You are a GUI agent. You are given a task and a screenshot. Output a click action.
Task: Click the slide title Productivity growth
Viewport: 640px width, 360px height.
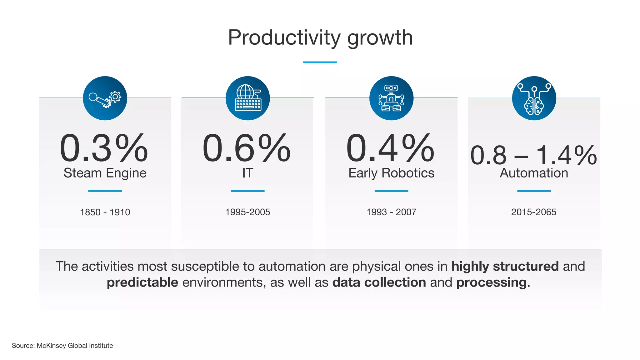click(320, 38)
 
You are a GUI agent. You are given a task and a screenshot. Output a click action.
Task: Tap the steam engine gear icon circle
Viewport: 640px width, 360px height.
click(105, 98)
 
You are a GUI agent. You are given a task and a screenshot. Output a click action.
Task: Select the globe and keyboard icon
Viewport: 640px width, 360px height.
click(248, 98)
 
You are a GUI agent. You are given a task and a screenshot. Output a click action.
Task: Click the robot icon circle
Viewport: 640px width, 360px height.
click(391, 98)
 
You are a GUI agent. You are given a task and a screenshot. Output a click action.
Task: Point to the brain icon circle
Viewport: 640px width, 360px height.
click(534, 98)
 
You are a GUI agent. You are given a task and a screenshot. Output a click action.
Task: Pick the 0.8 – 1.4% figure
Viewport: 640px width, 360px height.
click(533, 155)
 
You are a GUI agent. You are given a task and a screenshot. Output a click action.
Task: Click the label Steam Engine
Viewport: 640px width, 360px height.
click(105, 173)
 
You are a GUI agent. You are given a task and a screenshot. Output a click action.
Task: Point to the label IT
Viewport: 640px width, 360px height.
click(247, 173)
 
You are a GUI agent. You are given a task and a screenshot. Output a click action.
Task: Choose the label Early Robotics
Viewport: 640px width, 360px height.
click(391, 173)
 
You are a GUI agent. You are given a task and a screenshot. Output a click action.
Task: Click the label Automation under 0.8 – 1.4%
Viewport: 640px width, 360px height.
click(534, 173)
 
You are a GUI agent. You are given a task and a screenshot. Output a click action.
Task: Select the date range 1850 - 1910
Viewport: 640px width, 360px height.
click(105, 212)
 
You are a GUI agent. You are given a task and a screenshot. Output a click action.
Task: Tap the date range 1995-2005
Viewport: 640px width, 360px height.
click(247, 212)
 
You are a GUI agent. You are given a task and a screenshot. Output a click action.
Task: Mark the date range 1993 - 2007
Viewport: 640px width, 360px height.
click(391, 212)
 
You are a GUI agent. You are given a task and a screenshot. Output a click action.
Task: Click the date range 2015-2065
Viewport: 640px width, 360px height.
click(534, 212)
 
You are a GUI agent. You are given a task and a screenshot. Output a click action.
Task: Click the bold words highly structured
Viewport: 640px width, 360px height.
click(505, 267)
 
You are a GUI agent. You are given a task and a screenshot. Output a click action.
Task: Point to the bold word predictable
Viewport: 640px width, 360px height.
click(142, 282)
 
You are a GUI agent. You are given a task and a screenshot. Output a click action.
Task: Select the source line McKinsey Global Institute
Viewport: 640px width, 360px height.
click(75, 346)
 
